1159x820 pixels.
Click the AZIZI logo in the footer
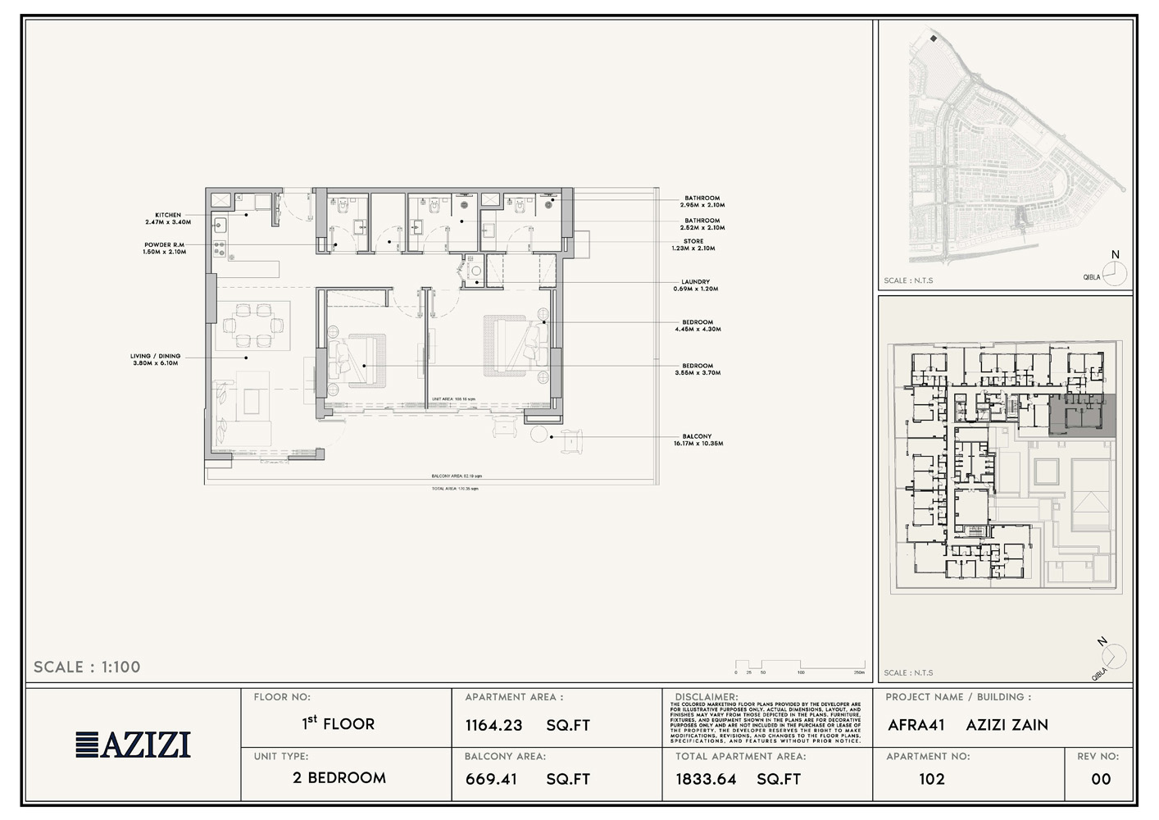coord(134,744)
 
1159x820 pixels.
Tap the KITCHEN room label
coord(168,218)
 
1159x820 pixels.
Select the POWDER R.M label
coord(164,248)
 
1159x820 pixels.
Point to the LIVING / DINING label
coord(155,359)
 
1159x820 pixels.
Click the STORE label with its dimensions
coord(693,244)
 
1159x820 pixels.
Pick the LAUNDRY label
coord(695,285)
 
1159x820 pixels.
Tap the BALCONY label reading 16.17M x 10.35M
coord(698,440)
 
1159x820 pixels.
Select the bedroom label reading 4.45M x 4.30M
coord(698,326)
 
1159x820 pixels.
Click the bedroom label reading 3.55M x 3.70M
coord(698,369)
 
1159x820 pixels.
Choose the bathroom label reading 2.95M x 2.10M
coord(702,201)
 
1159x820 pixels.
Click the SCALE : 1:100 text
coord(87,667)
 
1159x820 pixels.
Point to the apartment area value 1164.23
coord(493,725)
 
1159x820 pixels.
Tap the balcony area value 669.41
coord(491,779)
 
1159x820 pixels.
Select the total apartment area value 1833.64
coord(706,779)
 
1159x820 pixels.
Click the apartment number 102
coord(931,779)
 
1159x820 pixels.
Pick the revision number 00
coord(1101,779)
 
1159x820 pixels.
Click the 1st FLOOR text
coord(339,723)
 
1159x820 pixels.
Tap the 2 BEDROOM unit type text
coord(339,777)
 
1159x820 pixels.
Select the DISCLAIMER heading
coord(706,697)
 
